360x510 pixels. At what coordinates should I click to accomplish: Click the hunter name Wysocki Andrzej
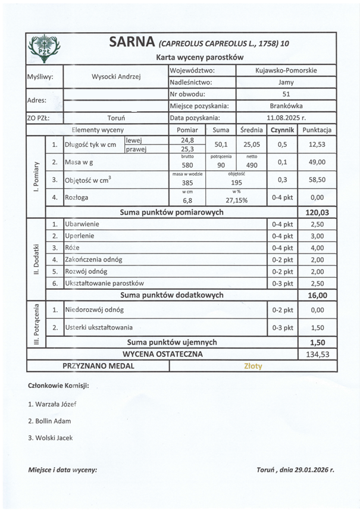[x=116, y=77]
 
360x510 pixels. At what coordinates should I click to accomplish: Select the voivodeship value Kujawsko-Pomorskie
[x=286, y=70]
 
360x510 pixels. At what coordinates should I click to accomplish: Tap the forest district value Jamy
[x=286, y=83]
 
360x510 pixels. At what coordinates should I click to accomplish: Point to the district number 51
[x=286, y=94]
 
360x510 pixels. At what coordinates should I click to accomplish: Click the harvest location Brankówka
[x=286, y=106]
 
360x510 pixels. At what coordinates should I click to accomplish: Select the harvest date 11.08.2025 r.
[x=286, y=118]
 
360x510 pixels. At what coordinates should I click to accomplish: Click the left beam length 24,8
[x=187, y=140]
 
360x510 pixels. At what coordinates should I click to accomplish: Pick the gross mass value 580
[x=187, y=165]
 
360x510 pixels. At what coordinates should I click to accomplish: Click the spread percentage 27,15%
[x=237, y=201]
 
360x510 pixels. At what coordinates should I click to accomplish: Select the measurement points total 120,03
[x=317, y=212]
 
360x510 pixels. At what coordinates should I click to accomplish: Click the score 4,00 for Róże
[x=317, y=248]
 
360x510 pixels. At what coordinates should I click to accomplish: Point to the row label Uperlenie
[x=79, y=236]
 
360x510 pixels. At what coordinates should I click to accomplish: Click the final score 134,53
[x=317, y=354]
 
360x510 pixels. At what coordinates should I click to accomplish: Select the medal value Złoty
[x=253, y=366]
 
